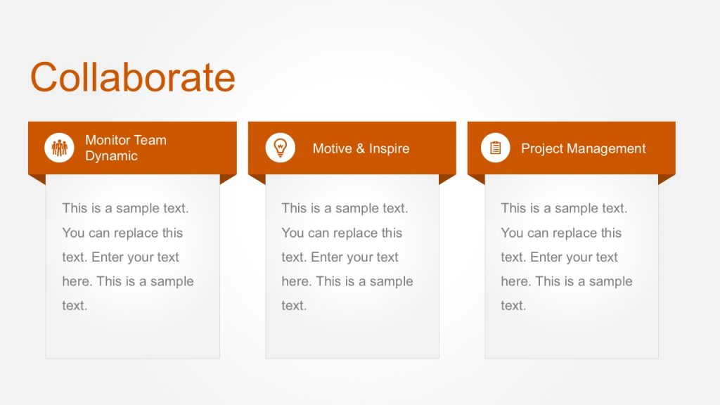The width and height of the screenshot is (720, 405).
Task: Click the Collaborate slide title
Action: coord(132,77)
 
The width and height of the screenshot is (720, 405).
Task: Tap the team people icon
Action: coord(59,148)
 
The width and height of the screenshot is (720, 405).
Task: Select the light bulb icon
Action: coord(280,148)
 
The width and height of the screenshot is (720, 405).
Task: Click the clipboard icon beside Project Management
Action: coord(496,148)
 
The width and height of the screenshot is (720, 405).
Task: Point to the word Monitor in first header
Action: coord(108,140)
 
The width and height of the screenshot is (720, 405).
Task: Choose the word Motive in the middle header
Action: coord(332,148)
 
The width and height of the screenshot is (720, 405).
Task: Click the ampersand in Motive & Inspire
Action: coord(361,148)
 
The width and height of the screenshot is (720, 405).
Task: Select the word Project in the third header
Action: coord(542,148)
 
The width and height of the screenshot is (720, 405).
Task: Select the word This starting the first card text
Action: coord(75,208)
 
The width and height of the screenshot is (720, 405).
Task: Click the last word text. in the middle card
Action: coord(294,306)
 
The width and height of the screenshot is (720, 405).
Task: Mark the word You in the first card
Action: coord(73,233)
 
